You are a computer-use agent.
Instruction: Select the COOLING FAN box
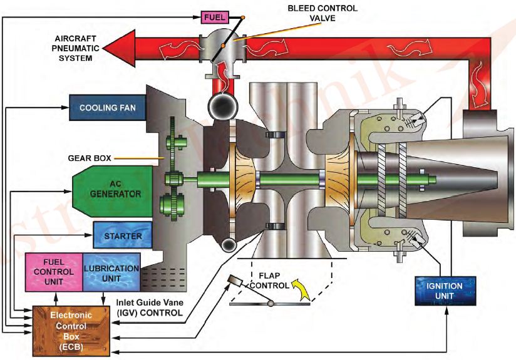pyautogui.click(x=108, y=108)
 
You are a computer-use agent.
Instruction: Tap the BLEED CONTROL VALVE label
pyautogui.click(x=321, y=13)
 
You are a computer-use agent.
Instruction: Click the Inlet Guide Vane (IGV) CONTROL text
pyautogui.click(x=149, y=307)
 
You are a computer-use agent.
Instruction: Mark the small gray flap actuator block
pyautogui.click(x=235, y=279)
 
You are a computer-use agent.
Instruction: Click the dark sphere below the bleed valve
pyautogui.click(x=222, y=107)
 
